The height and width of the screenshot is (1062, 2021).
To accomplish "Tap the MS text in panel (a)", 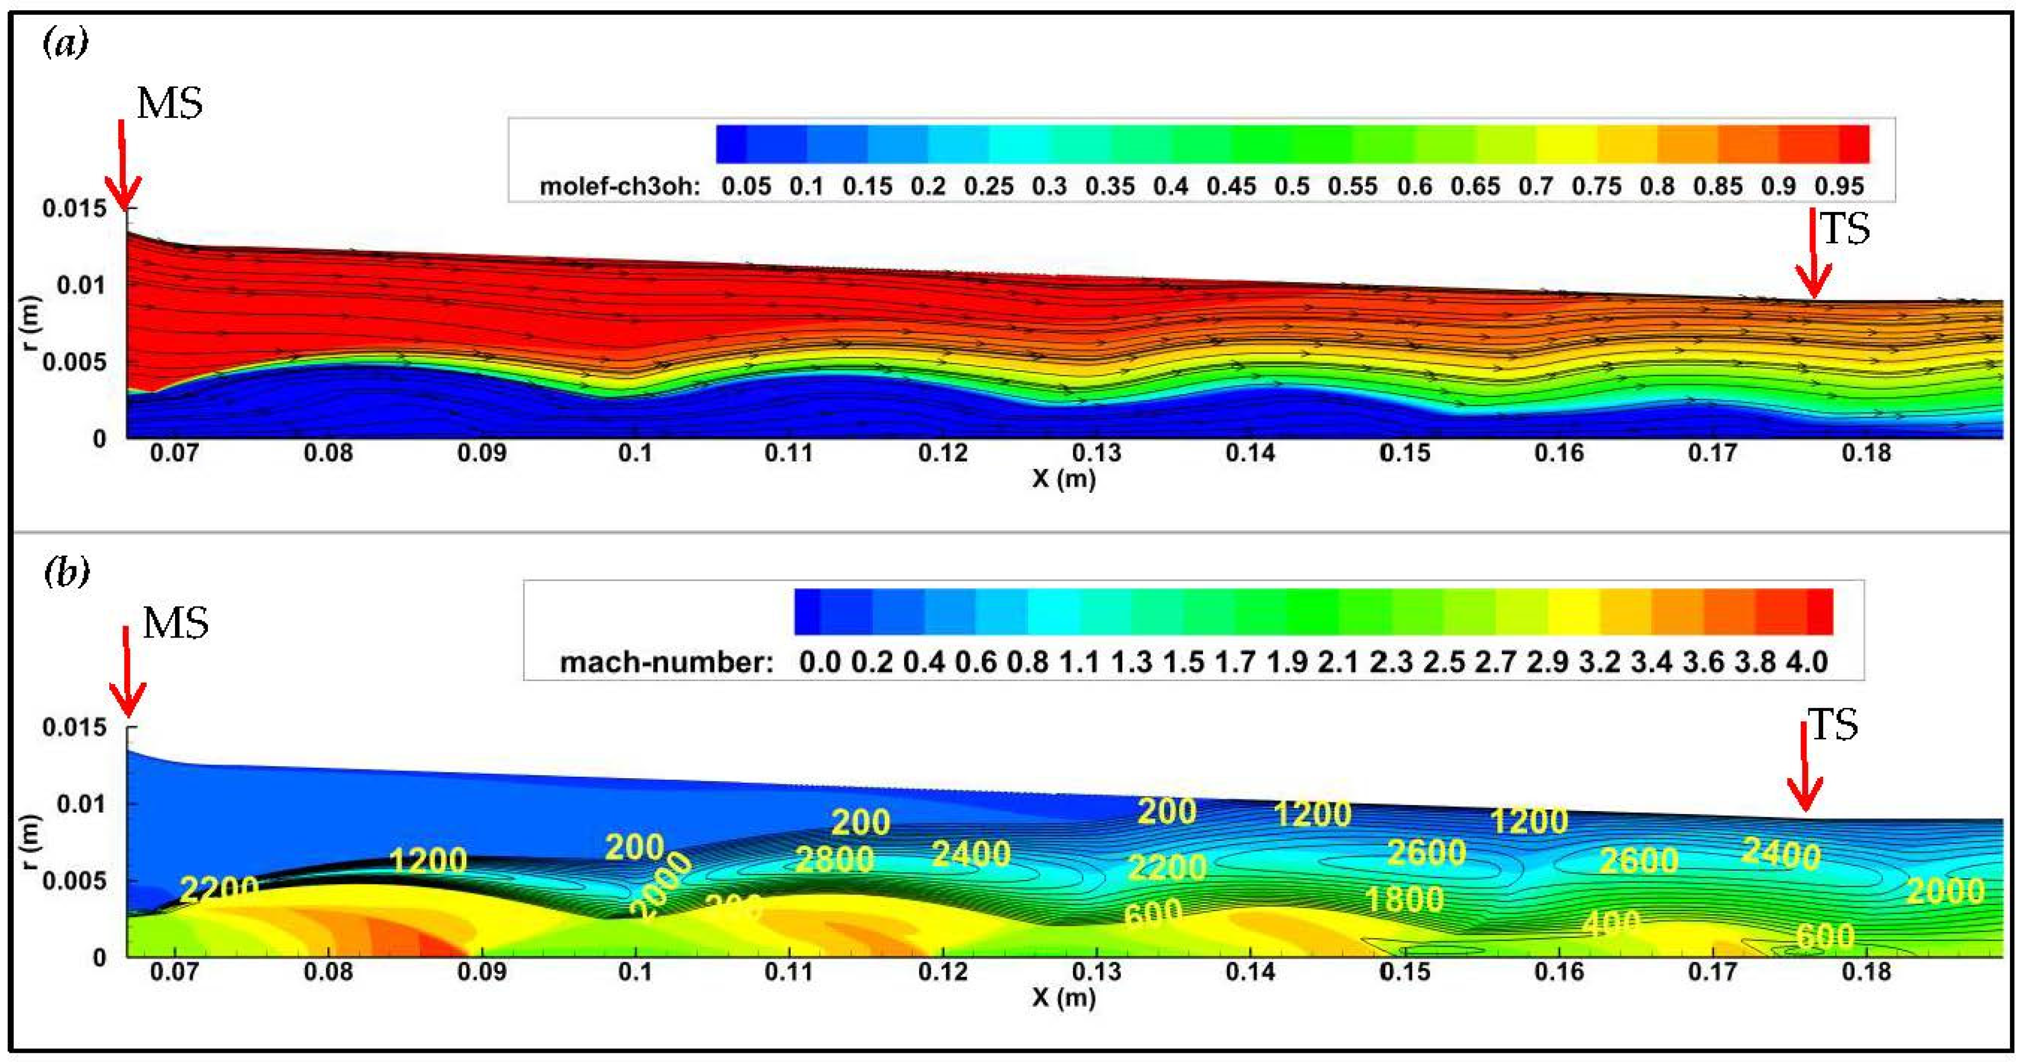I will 169,104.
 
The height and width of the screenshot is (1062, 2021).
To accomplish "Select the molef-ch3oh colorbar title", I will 619,187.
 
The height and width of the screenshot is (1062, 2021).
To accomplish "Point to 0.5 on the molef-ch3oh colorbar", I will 1292,187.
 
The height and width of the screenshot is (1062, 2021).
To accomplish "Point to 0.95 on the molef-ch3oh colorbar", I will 1839,187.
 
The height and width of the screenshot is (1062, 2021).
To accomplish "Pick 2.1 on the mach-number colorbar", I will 1338,662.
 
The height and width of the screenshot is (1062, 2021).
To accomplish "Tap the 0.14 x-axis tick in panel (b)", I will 1250,972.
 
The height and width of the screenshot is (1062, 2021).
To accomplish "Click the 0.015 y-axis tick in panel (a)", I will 74,209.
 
